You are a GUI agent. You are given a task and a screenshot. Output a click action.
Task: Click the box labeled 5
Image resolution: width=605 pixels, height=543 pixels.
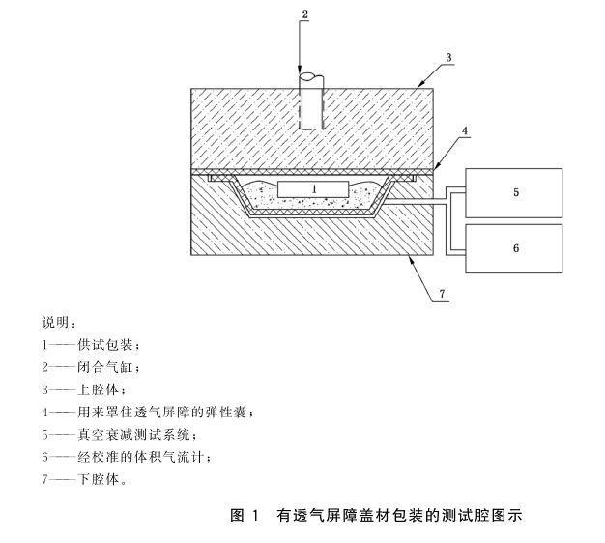[515, 192]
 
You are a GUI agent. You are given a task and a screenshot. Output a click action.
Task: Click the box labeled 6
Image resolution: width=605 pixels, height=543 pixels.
[515, 248]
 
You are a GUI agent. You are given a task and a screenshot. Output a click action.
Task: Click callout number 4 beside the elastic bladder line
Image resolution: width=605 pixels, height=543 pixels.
[465, 130]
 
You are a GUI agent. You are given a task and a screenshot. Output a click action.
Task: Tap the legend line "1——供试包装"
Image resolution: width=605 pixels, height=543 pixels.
[92, 344]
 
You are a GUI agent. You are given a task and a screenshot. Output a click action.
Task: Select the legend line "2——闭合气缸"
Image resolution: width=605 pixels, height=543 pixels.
[92, 367]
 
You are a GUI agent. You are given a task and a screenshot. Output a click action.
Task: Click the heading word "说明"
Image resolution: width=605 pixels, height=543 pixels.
[56, 322]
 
